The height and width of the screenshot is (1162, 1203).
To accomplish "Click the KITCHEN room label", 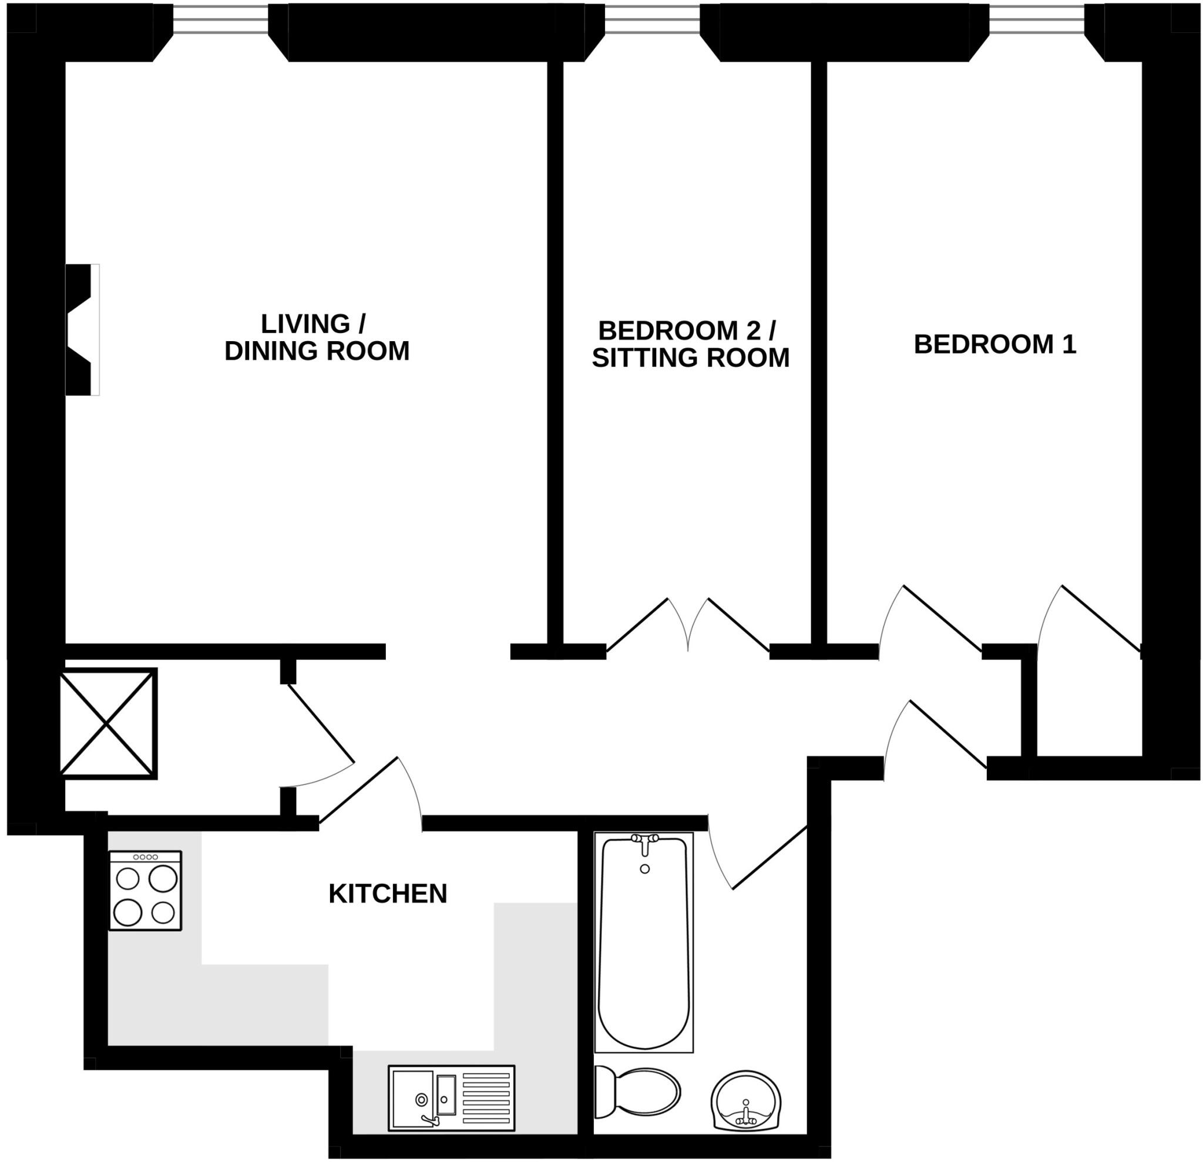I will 387,894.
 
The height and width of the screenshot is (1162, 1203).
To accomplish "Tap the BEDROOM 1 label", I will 994,344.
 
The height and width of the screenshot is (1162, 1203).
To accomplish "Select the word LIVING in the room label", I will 304,324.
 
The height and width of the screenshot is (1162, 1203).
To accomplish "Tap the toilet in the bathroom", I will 639,1092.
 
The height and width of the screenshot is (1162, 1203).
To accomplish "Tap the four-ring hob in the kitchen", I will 146,891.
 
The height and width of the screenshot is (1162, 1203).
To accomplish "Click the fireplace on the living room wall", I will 82,329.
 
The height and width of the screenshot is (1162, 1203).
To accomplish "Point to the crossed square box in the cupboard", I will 107,724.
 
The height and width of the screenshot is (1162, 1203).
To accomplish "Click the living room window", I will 220,19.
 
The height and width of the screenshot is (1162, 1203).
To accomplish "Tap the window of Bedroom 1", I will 1037,19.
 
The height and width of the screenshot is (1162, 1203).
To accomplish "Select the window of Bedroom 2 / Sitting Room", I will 652,19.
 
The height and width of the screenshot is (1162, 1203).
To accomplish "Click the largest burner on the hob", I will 163,878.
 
